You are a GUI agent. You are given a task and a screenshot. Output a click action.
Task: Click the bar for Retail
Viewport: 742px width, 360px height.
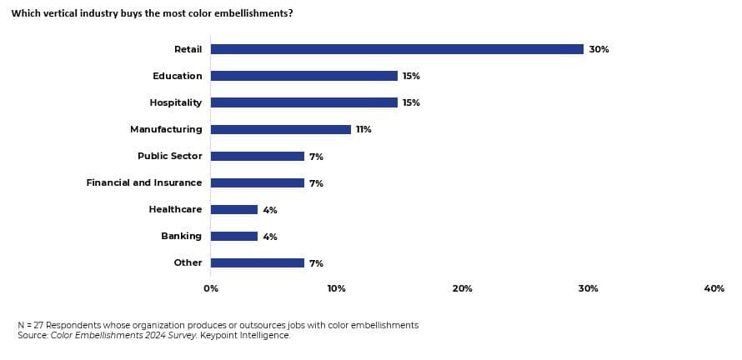pyautogui.click(x=397, y=49)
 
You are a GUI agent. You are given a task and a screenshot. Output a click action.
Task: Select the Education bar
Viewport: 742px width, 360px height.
pyautogui.click(x=303, y=76)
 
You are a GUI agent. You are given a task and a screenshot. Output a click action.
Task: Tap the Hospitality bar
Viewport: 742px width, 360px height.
pyautogui.click(x=303, y=102)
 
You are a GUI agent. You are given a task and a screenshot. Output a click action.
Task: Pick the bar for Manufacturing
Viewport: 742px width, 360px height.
pyautogui.click(x=280, y=129)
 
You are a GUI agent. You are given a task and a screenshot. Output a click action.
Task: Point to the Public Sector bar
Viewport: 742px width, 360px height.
pyautogui.click(x=257, y=156)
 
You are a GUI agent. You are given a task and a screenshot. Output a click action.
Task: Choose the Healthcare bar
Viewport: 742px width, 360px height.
pyautogui.click(x=233, y=209)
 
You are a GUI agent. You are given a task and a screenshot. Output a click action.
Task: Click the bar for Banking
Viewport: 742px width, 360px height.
pyautogui.click(x=233, y=236)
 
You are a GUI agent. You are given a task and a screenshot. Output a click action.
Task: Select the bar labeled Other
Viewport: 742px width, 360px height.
pyautogui.click(x=257, y=262)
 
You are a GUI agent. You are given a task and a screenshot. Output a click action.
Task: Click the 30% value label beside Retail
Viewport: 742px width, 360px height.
pyautogui.click(x=599, y=49)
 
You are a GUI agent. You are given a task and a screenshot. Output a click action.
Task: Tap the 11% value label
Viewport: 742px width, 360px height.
pyautogui.click(x=363, y=129)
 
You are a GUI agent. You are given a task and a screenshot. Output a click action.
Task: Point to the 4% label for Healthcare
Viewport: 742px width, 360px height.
pyautogui.click(x=270, y=210)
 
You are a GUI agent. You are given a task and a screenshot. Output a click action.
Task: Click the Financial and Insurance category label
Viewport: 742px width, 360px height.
pyautogui.click(x=144, y=182)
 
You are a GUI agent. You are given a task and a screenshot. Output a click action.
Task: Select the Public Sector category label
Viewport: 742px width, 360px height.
pyautogui.click(x=169, y=156)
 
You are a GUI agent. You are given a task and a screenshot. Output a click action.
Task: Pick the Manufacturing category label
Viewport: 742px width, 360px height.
pyautogui.click(x=166, y=129)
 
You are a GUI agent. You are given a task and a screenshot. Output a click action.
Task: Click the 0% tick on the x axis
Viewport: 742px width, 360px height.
pyautogui.click(x=211, y=288)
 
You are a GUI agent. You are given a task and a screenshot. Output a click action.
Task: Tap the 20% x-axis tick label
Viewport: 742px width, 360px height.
pyautogui.click(x=462, y=288)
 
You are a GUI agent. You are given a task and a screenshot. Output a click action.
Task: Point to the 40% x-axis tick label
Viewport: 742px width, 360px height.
pyautogui.click(x=714, y=288)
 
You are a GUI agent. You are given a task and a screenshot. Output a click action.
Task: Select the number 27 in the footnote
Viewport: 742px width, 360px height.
pyautogui.click(x=36, y=325)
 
